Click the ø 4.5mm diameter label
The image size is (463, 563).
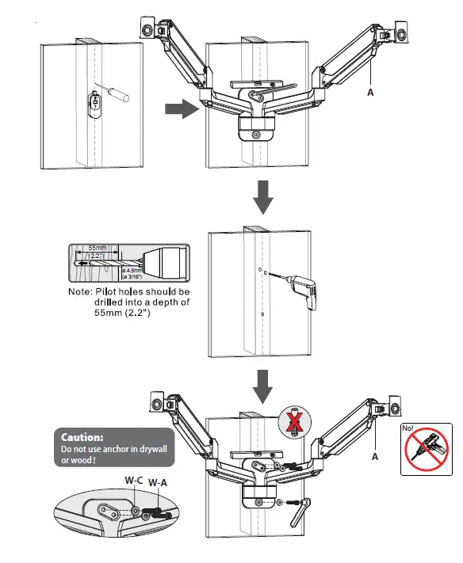click(132, 272)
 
